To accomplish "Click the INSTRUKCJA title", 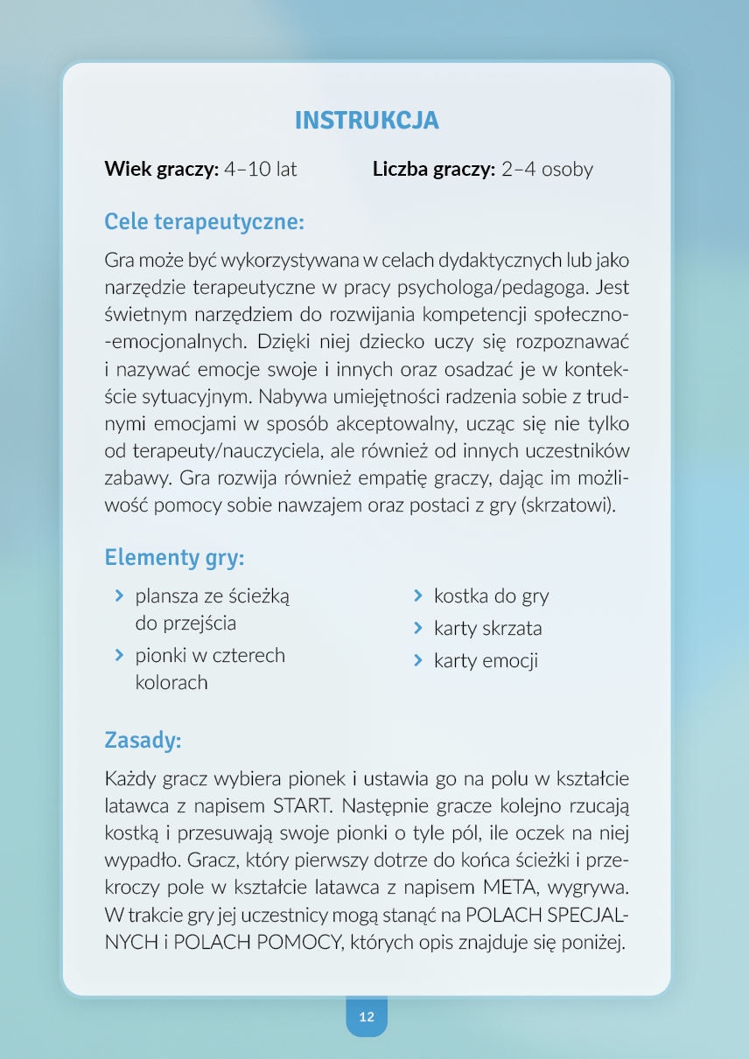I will [367, 121].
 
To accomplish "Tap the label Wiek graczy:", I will [161, 170].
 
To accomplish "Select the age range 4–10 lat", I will [261, 170].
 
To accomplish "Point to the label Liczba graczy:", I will [434, 170].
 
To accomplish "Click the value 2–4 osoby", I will [547, 170].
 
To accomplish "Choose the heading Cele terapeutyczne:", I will [204, 222].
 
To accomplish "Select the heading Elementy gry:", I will [174, 557].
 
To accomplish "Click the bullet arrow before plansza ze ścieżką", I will [118, 596].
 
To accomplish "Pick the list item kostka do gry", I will [491, 596].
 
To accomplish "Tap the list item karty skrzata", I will [487, 628].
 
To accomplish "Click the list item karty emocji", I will [486, 660].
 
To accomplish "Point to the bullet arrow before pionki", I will [118, 655].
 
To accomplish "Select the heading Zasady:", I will [143, 741].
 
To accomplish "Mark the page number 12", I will [367, 1017].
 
